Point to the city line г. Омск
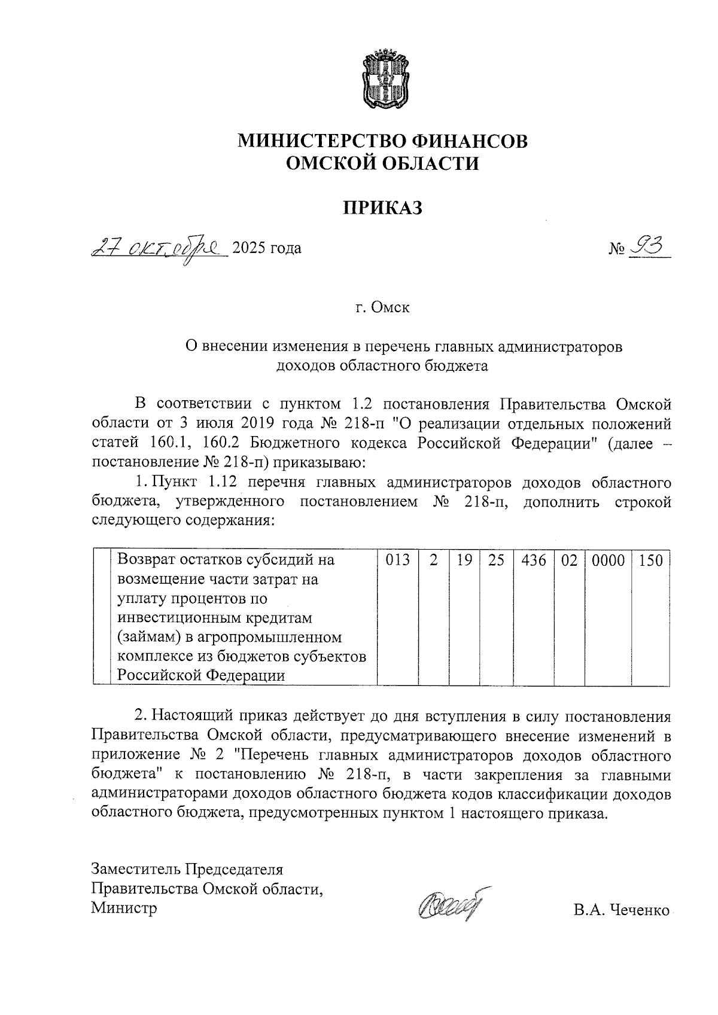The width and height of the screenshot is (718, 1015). (x=382, y=307)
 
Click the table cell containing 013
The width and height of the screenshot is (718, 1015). (x=397, y=560)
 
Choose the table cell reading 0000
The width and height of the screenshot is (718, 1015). (x=608, y=560)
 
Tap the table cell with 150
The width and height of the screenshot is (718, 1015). (x=650, y=560)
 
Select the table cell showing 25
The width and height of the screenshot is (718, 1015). (x=496, y=560)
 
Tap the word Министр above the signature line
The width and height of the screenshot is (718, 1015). (x=124, y=908)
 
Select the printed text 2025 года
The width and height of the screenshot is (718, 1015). (x=266, y=248)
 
